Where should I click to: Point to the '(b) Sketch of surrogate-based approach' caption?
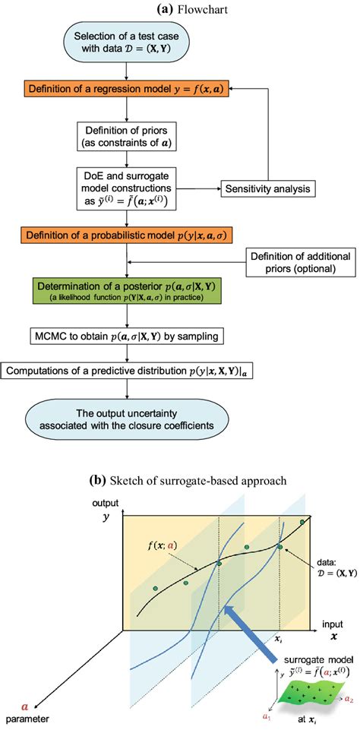pyautogui.click(x=180, y=482)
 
